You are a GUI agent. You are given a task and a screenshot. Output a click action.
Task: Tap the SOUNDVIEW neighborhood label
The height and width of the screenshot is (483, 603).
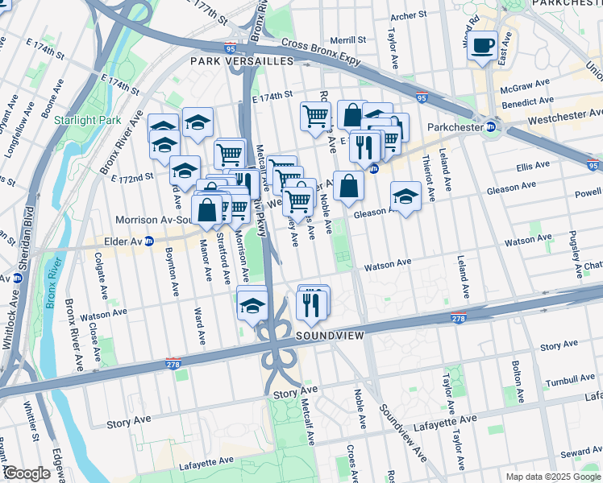(x=331, y=335)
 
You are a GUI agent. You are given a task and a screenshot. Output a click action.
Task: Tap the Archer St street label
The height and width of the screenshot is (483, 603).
(x=408, y=16)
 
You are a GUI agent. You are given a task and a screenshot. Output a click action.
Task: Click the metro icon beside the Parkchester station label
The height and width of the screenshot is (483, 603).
(x=490, y=126)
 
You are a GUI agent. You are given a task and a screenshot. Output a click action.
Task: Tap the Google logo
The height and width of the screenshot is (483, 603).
(x=26, y=473)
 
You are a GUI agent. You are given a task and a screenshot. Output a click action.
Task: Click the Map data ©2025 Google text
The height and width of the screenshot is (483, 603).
(x=553, y=477)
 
